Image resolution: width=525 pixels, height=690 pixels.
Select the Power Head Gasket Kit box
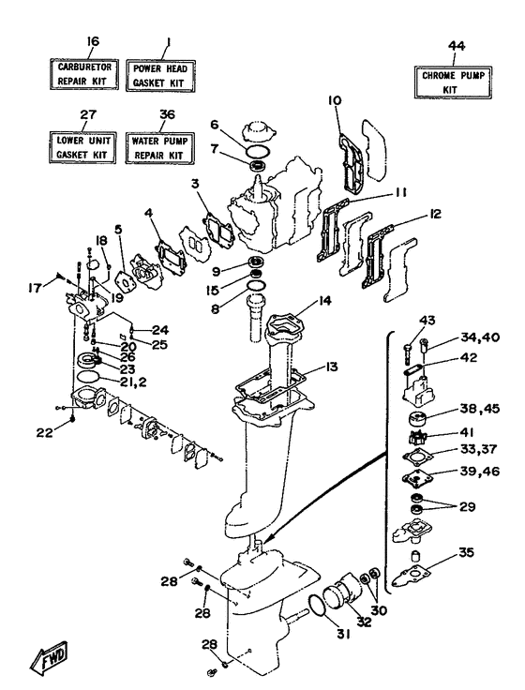(x=161, y=73)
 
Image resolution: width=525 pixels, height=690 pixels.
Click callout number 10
(x=333, y=100)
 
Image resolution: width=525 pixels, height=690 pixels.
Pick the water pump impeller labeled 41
(x=416, y=436)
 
